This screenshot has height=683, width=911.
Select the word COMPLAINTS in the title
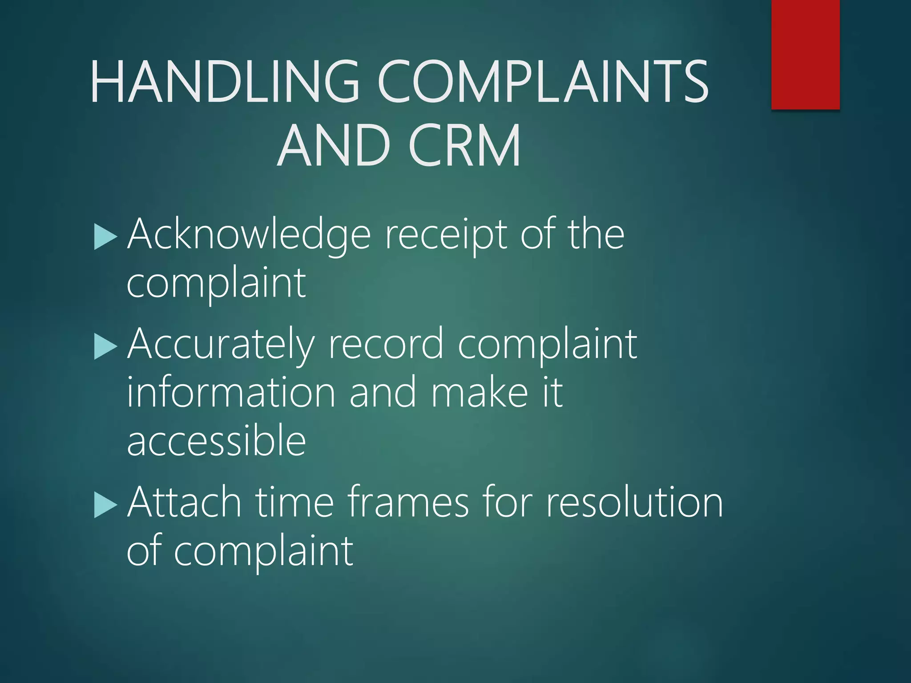click(x=543, y=82)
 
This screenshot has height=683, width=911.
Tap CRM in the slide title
click(x=464, y=145)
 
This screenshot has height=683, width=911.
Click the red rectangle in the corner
click(x=805, y=54)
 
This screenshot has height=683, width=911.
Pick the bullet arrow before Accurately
click(x=106, y=347)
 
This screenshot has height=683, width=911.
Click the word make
click(x=480, y=392)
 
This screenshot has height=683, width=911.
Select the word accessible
click(x=217, y=440)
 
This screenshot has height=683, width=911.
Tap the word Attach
click(x=184, y=502)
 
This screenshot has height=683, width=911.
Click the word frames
click(x=408, y=502)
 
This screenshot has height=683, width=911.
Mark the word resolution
click(x=634, y=502)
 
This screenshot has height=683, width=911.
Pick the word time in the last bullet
click(x=294, y=502)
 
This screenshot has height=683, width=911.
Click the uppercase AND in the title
click(x=334, y=145)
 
